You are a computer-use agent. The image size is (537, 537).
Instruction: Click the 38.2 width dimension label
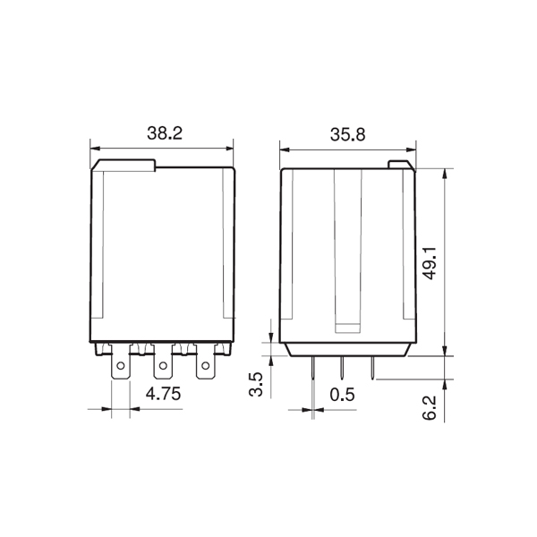click(x=165, y=133)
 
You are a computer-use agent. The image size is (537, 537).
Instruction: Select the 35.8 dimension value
click(x=347, y=134)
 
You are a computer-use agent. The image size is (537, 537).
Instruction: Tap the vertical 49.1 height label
click(x=430, y=262)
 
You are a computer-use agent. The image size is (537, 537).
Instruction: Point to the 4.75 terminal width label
click(x=163, y=394)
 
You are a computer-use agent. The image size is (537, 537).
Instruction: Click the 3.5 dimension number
click(x=256, y=384)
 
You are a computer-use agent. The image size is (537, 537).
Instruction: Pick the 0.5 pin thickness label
click(x=342, y=395)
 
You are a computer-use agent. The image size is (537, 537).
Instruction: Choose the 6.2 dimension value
click(x=430, y=407)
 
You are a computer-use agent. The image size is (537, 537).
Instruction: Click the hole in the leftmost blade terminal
click(x=121, y=366)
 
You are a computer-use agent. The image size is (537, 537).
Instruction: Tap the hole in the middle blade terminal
click(x=163, y=366)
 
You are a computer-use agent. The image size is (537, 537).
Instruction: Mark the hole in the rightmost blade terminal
click(x=206, y=366)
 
